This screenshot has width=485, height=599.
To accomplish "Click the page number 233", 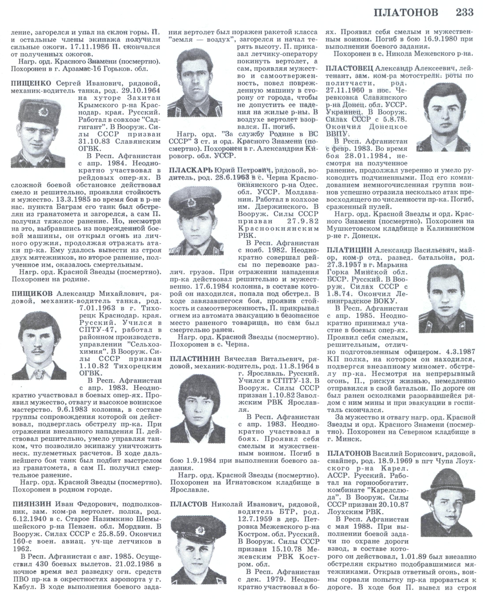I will click(465, 13).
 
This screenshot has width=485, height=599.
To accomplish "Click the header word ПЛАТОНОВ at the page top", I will click(406, 13).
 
